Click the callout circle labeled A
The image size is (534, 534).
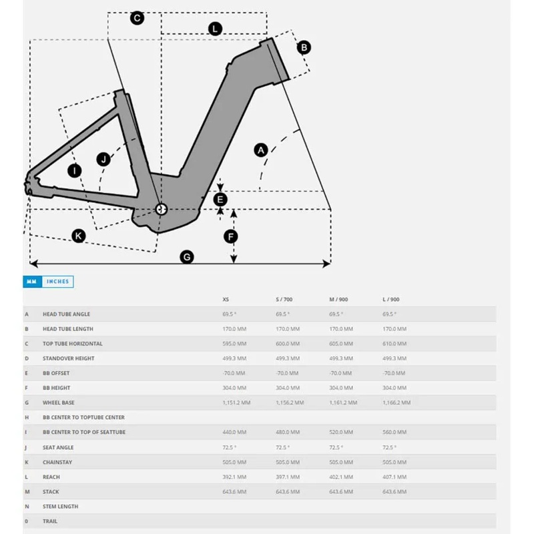click(261, 150)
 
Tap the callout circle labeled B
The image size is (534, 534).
click(304, 47)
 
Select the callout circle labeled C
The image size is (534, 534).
click(137, 18)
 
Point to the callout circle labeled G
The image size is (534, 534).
click(187, 257)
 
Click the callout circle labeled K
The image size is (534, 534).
click(79, 236)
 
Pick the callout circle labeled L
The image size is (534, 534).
click(215, 29)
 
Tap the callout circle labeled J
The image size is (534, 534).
click(103, 159)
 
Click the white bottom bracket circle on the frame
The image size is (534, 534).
click(161, 209)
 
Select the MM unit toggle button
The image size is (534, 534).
click(32, 282)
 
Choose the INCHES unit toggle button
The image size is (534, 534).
click(57, 282)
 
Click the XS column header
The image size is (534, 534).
click(226, 300)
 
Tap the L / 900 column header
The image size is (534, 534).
click(392, 300)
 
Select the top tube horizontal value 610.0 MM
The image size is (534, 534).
click(393, 344)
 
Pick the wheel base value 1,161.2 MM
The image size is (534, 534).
click(343, 403)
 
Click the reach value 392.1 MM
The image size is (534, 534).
click(234, 477)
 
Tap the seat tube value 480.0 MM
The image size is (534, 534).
click(288, 432)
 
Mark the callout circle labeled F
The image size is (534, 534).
click(231, 236)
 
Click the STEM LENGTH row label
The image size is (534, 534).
click(60, 506)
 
